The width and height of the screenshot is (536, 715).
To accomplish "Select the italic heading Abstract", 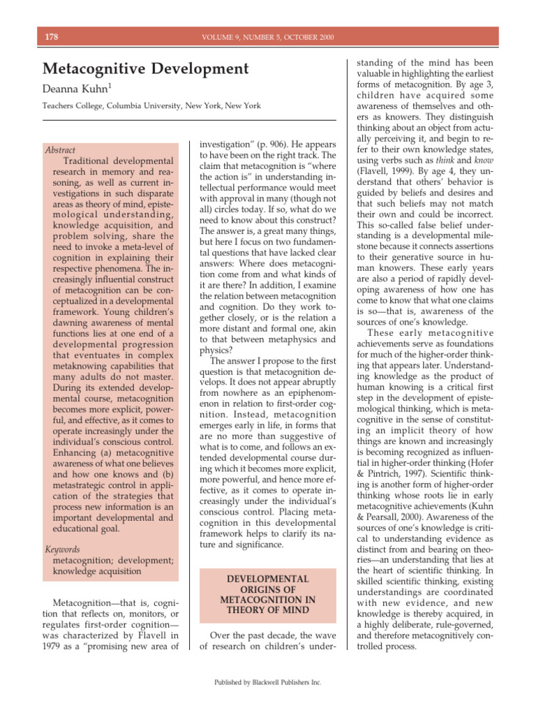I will (x=59, y=150).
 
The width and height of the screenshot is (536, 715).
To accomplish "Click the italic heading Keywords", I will (x=62, y=550).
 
